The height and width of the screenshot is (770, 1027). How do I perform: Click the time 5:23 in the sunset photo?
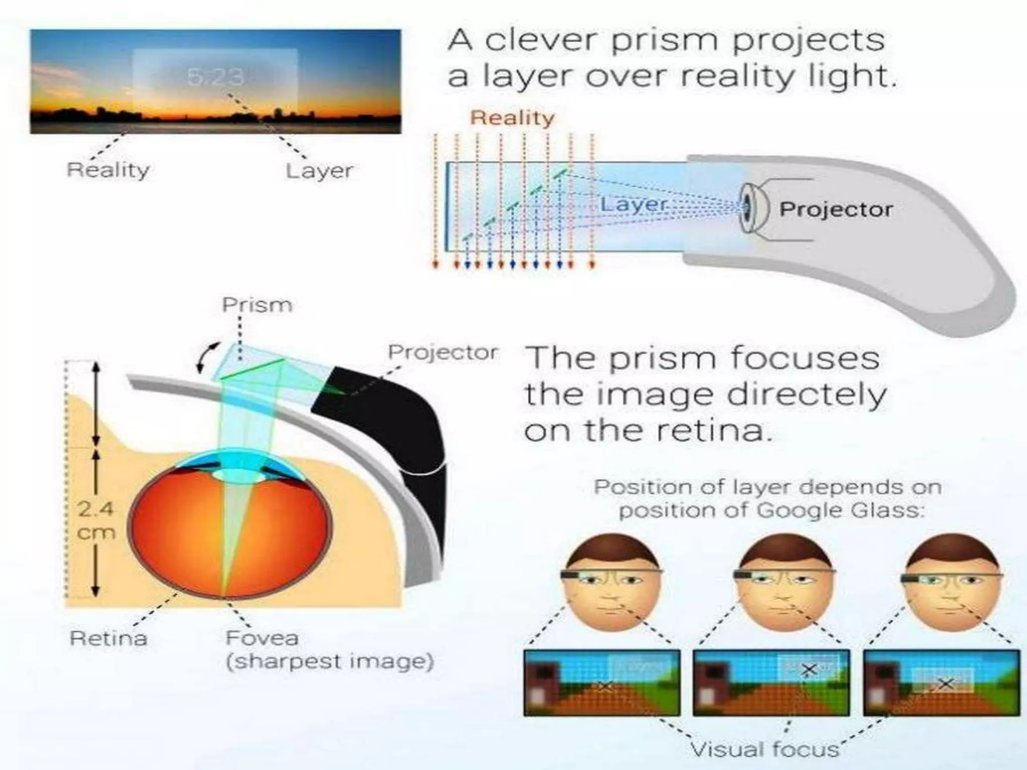216,77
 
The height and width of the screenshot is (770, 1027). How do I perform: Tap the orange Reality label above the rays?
512,118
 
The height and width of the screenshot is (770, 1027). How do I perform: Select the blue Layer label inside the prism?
634,205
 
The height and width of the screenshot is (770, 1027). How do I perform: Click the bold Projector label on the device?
836,210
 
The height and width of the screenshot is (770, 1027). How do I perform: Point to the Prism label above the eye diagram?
257,305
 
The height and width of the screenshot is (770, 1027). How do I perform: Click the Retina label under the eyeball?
108,638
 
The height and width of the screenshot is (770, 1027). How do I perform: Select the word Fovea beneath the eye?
262,638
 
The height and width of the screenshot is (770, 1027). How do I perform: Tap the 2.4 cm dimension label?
96,521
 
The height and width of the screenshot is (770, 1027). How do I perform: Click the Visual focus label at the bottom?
765,749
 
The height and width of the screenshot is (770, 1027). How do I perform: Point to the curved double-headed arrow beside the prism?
208,357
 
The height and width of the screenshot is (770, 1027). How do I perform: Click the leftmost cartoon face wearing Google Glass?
611,582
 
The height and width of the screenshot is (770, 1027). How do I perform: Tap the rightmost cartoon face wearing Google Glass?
952,582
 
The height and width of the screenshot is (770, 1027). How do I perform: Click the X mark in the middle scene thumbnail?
808,670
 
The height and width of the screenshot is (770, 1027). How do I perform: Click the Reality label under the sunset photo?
108,170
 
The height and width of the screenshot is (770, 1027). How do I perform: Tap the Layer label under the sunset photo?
319,171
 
